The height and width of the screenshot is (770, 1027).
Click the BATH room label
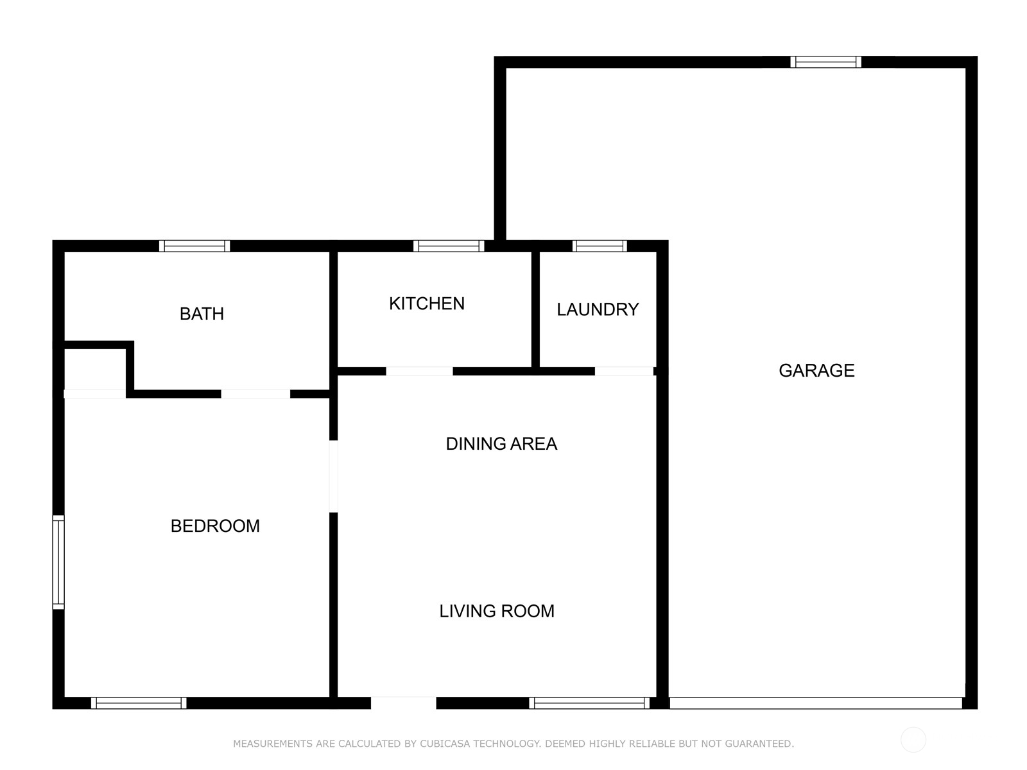tap(202, 314)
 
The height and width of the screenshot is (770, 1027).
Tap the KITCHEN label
tap(427, 304)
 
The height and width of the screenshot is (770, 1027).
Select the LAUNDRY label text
tap(598, 309)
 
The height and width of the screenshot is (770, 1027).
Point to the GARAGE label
tap(816, 370)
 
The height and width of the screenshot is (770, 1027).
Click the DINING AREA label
tap(501, 443)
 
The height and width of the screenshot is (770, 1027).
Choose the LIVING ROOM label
tap(497, 611)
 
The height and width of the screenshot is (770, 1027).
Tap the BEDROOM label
tap(215, 526)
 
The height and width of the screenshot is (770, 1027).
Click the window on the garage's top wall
tap(825, 62)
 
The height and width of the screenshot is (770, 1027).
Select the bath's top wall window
tap(194, 246)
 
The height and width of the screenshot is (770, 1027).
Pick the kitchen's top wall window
tap(449, 246)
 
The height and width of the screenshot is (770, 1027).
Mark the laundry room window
tap(600, 246)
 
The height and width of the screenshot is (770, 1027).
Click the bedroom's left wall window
tap(58, 562)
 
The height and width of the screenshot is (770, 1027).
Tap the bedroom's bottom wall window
tap(139, 703)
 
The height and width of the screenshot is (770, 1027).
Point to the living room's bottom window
tap(589, 703)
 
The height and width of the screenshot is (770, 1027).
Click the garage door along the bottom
tap(816, 703)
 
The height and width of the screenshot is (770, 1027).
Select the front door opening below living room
tap(403, 703)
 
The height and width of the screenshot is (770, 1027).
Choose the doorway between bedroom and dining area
tap(333, 475)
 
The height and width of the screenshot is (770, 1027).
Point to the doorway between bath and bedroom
tap(255, 394)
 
